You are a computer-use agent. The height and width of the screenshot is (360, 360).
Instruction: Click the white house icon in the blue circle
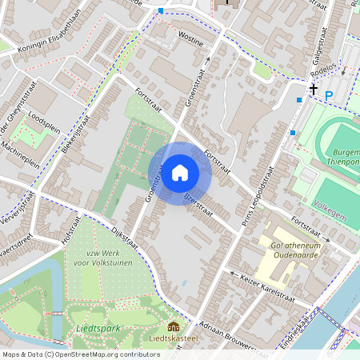click(x=180, y=172)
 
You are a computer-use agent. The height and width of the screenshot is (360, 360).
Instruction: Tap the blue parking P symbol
click(x=329, y=95)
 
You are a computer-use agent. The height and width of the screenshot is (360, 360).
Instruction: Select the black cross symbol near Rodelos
click(x=314, y=90)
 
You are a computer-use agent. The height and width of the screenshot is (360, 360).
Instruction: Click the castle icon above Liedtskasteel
click(x=173, y=326)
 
